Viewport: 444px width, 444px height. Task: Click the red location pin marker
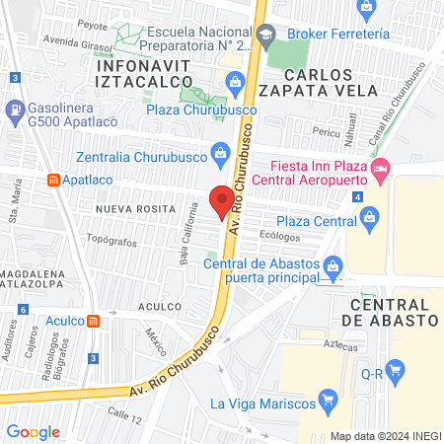pyautogui.click(x=222, y=199)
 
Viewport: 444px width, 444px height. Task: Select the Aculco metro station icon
pyautogui.click(x=93, y=321)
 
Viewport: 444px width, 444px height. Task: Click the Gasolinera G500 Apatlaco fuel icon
pyautogui.click(x=16, y=108)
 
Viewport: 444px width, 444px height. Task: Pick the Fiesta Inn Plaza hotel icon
pyautogui.click(x=381, y=172)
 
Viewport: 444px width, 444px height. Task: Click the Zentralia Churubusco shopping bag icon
pyautogui.click(x=221, y=152)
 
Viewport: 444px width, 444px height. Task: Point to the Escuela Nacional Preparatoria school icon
pyautogui.click(x=264, y=36)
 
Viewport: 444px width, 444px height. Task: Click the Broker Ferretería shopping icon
pyautogui.click(x=367, y=10)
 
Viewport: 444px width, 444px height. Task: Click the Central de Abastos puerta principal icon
pyautogui.click(x=333, y=264)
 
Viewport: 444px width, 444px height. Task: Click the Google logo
pyautogui.click(x=33, y=431)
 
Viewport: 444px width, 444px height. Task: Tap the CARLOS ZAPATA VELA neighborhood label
pyautogui.click(x=318, y=82)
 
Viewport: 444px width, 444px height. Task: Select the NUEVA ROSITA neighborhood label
pyautogui.click(x=135, y=210)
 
